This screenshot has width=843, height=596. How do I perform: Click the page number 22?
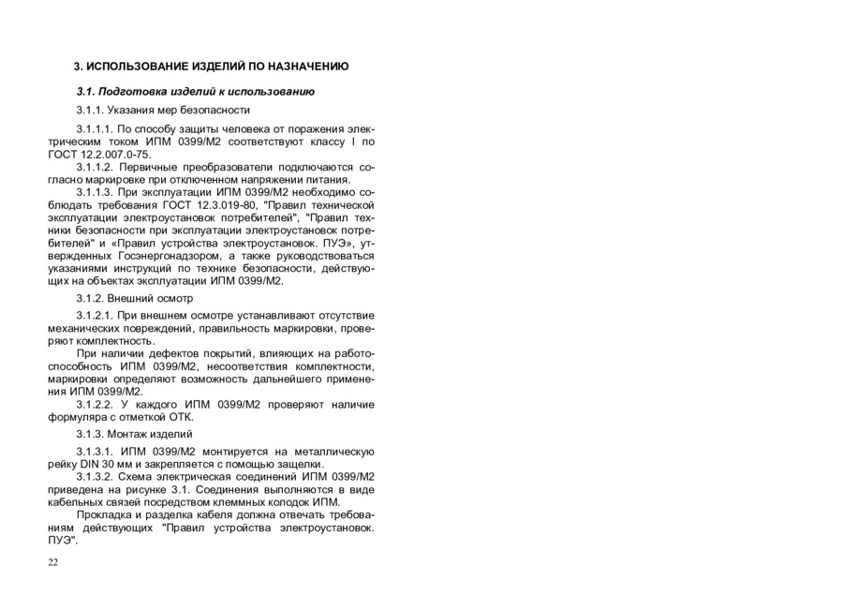tap(52, 561)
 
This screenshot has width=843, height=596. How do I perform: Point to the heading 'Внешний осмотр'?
tap(135, 298)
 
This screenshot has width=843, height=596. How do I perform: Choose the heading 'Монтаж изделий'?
tap(135, 434)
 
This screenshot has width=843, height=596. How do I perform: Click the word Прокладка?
tap(107, 514)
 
